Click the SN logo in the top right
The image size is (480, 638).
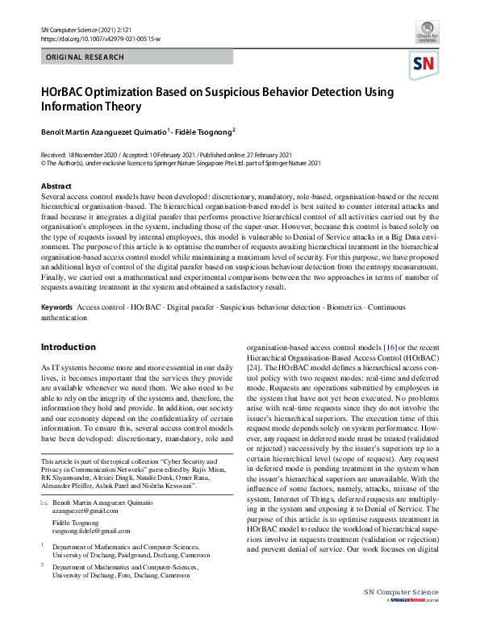(426, 64)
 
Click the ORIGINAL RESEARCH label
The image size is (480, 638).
(86, 57)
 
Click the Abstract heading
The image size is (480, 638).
(56, 186)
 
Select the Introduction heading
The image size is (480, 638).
(68, 347)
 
